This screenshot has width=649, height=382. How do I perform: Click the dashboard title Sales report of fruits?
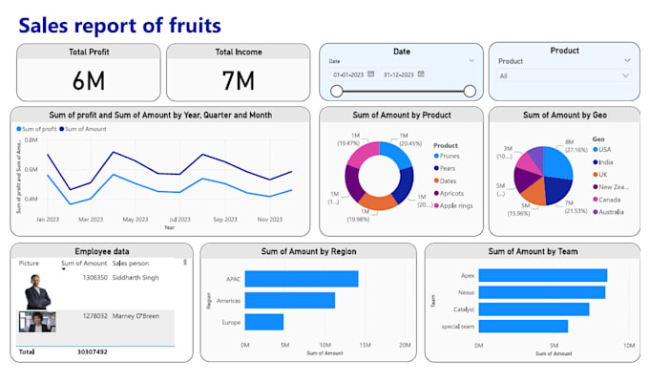pyautogui.click(x=119, y=24)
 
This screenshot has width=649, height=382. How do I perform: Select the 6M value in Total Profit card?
pyautogui.click(x=87, y=80)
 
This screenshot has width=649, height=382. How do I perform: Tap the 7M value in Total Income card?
pyautogui.click(x=238, y=80)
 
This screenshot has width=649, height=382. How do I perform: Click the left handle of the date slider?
pyautogui.click(x=336, y=91)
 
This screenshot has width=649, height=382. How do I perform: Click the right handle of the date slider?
pyautogui.click(x=469, y=91)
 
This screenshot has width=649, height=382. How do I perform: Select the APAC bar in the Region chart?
pyautogui.click(x=302, y=279)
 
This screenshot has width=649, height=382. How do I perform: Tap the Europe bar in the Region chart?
pyautogui.click(x=264, y=322)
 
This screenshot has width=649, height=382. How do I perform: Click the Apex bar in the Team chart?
pyautogui.click(x=542, y=275)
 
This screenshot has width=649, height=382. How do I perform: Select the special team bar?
pyautogui.click(x=523, y=326)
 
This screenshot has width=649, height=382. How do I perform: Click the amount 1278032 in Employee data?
pyautogui.click(x=94, y=315)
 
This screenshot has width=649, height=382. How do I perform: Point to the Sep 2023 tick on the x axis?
pyautogui.click(x=224, y=220)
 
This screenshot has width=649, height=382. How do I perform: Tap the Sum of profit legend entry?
pyautogui.click(x=37, y=128)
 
